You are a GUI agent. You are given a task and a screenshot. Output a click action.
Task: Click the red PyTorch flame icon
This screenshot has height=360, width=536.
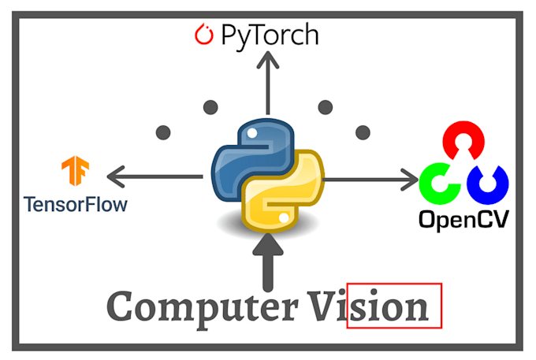point(203,35)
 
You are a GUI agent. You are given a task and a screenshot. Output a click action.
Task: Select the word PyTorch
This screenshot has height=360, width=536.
point(270,35)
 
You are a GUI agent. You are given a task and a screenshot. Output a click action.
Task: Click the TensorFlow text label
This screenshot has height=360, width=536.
point(76,204)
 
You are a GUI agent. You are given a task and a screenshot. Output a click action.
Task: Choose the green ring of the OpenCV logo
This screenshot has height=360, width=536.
point(437,183)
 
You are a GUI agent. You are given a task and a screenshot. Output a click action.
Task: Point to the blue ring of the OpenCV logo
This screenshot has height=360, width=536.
point(488,183)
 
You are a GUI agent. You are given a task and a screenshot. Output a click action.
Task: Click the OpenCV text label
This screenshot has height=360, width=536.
point(463,218)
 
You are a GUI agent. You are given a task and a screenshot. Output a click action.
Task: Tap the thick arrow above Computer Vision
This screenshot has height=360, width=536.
point(269,265)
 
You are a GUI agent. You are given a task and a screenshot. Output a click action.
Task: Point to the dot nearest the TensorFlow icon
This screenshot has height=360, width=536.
point(164,132)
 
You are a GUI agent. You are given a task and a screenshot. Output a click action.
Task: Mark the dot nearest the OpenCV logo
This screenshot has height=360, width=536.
point(363,132)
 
